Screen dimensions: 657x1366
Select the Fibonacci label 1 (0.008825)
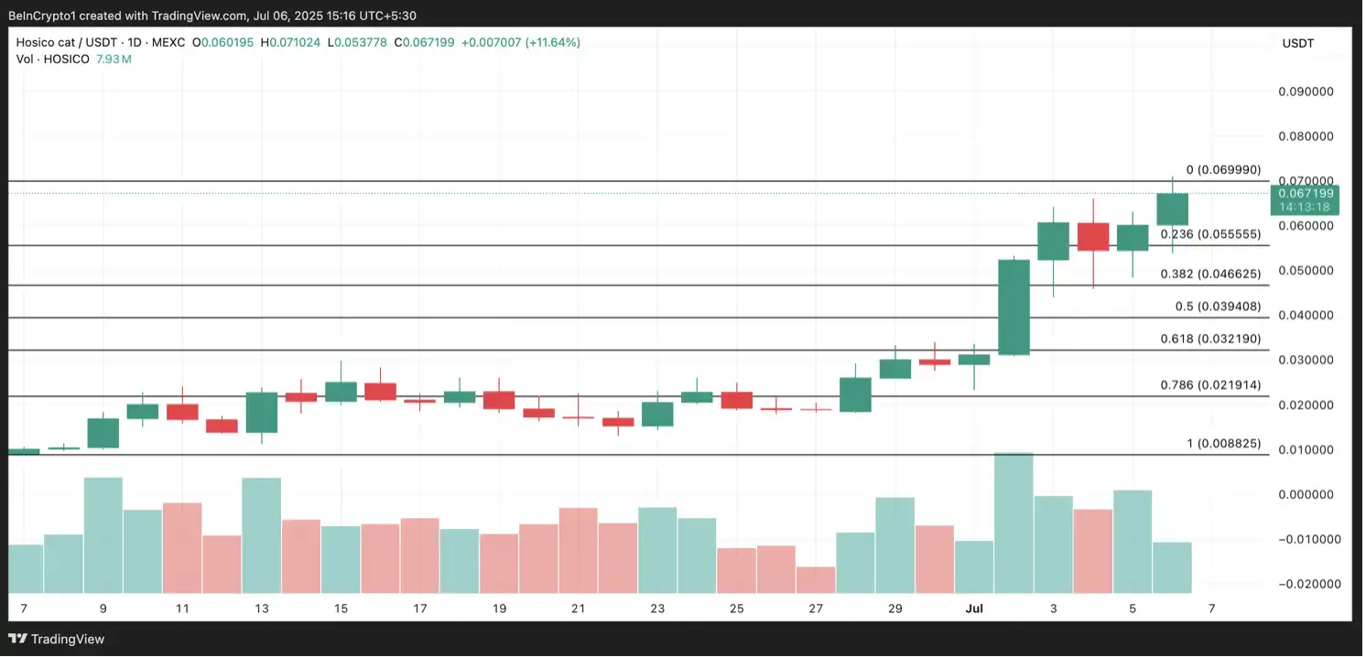point(1223,444)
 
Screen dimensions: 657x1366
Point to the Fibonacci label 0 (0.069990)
point(1223,170)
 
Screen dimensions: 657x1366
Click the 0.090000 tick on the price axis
point(1308,92)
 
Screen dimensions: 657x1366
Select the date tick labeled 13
point(262,609)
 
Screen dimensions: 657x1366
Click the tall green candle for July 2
point(1014,307)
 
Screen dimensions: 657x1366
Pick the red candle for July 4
point(1093,237)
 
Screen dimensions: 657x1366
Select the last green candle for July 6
point(1172,209)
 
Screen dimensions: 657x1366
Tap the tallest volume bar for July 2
point(1014,522)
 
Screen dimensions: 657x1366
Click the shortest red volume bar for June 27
point(816,579)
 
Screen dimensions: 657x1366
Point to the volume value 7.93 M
point(114,59)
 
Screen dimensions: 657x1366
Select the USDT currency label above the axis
point(1298,43)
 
